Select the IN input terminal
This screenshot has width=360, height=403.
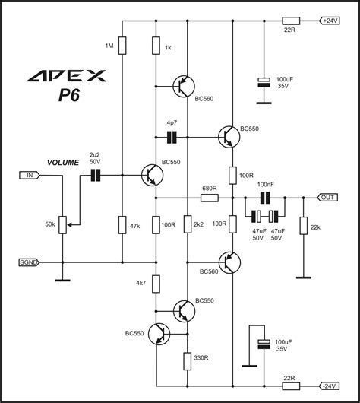click(27, 176)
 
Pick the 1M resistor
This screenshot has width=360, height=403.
click(122, 46)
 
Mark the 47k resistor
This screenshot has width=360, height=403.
click(122, 224)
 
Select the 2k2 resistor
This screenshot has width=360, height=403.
click(187, 224)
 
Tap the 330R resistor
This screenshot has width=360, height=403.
click(187, 357)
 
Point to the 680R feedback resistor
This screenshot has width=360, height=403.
click(210, 198)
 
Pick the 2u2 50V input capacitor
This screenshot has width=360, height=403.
click(96, 176)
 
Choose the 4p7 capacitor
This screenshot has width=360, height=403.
click(172, 137)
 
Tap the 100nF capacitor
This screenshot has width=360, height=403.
click(265, 198)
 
